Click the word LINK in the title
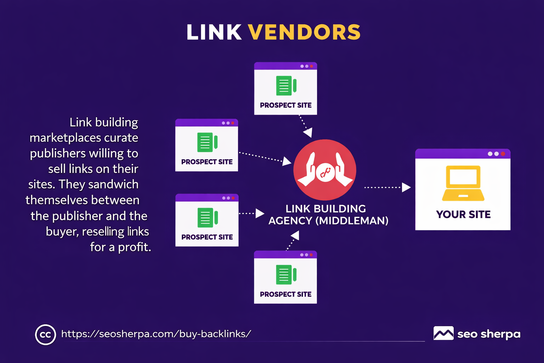(x=214, y=32)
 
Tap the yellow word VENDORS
(x=304, y=32)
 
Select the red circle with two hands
(x=325, y=169)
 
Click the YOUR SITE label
(x=463, y=214)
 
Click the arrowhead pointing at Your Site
(x=406, y=187)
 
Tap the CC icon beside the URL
(x=45, y=334)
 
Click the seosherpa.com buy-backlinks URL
(x=156, y=334)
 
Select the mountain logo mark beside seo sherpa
(x=443, y=333)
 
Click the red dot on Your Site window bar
(x=503, y=154)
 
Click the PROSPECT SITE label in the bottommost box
(x=285, y=294)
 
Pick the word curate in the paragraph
(x=121, y=138)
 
